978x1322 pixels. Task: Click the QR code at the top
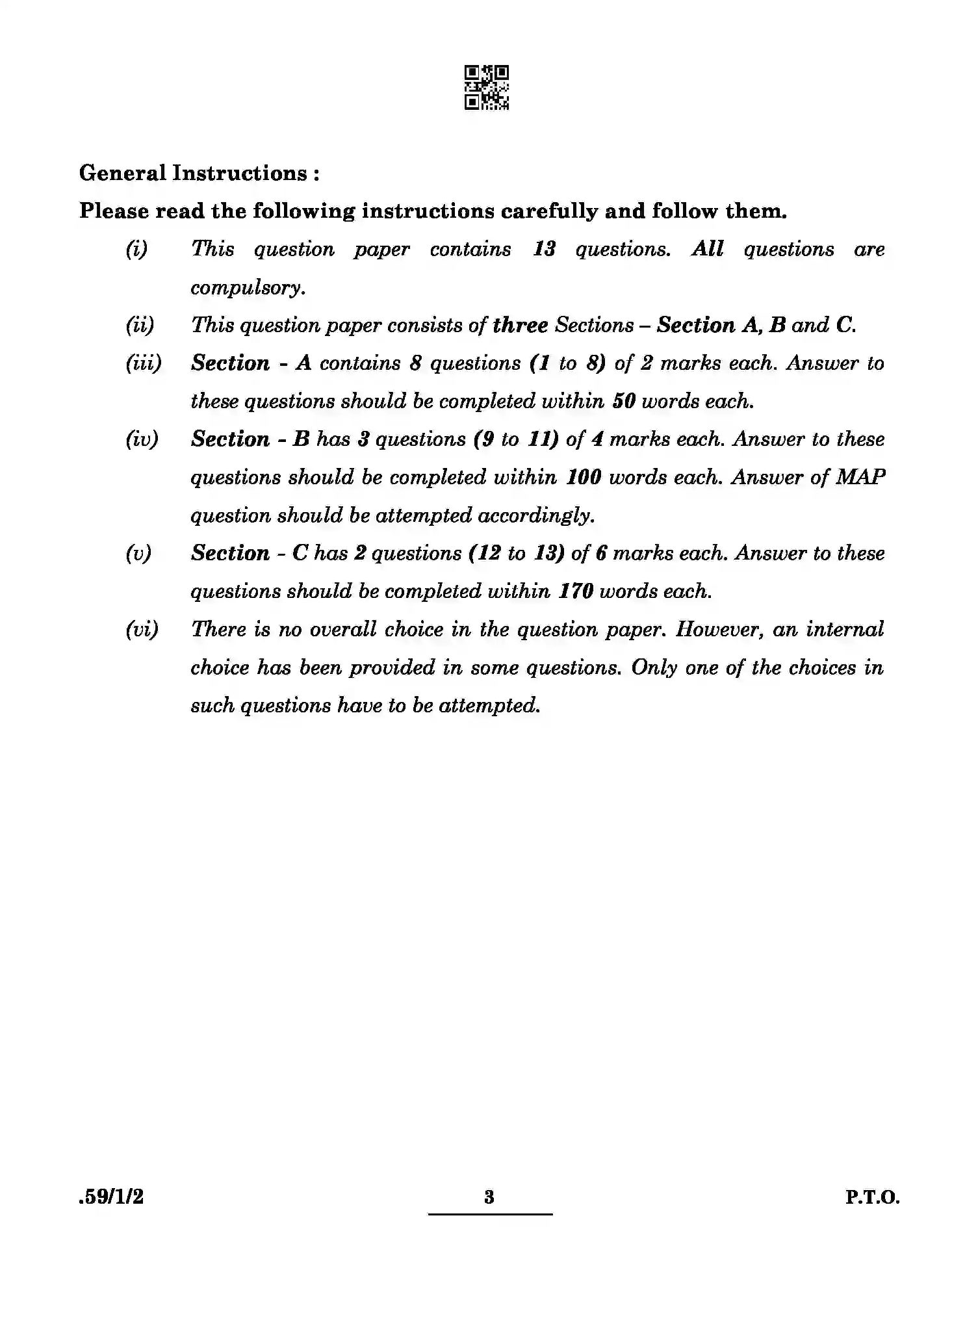(487, 87)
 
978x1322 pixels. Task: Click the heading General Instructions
(198, 173)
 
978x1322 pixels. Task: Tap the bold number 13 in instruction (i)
(544, 250)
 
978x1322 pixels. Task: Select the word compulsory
(248, 288)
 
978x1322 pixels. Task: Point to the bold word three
(520, 325)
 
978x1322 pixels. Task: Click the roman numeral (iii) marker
(143, 363)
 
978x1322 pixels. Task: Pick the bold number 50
(623, 402)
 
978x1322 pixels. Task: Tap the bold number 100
(583, 478)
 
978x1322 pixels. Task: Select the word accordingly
(536, 516)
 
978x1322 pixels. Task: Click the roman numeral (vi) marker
(142, 630)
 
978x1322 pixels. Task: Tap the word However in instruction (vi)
(719, 630)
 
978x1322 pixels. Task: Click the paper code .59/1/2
(111, 1197)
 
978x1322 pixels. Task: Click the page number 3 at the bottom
(489, 1197)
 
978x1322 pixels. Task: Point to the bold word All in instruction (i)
(708, 250)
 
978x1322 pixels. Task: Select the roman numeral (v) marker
(138, 554)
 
